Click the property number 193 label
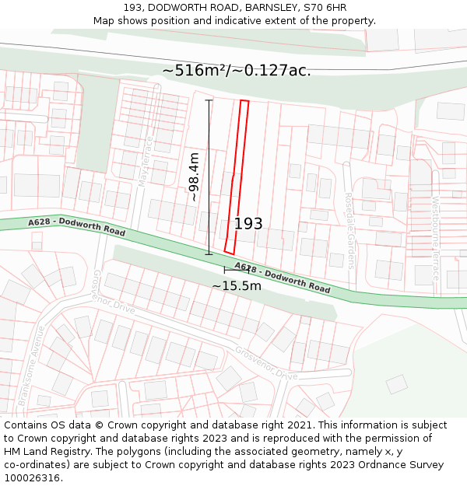coord(248,224)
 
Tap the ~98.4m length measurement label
coord(194,177)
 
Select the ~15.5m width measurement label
coord(237,286)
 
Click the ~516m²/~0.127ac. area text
coord(237,70)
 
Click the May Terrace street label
coord(142,167)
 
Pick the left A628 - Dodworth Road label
coord(76,227)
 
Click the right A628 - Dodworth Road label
coord(282,278)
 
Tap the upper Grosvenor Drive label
coord(114,292)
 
